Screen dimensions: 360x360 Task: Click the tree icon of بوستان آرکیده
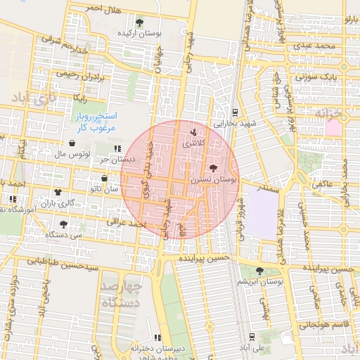(140, 22)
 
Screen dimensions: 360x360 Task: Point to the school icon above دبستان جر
(117, 148)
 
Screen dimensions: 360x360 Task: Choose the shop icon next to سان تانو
(104, 179)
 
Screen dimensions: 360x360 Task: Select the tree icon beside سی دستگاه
(63, 224)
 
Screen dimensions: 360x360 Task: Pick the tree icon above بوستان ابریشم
(259, 271)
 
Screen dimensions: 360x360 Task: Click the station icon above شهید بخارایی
(234, 111)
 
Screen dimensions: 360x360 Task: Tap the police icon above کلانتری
(194, 131)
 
